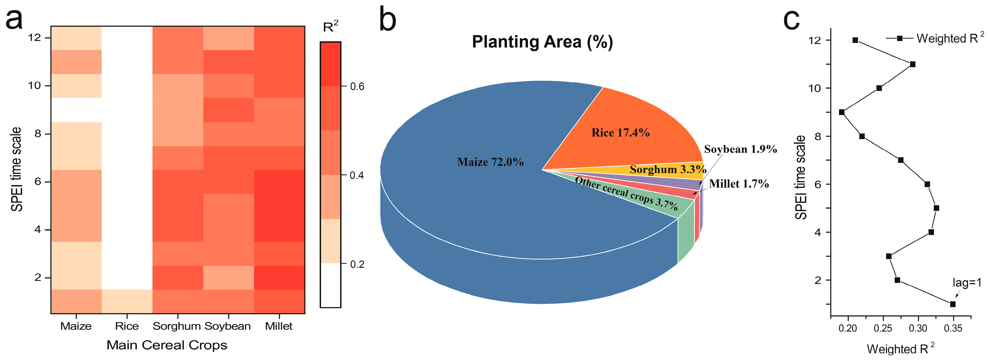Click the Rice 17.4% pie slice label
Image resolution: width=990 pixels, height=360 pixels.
pos(620,133)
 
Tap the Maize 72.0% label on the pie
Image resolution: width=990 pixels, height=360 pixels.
pos(490,162)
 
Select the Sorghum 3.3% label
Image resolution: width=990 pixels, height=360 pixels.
pos(668,169)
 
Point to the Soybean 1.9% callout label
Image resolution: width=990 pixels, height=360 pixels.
pos(740,149)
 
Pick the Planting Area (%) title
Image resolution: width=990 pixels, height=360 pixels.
pos(542,42)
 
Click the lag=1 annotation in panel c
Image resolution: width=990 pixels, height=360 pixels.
pos(967,283)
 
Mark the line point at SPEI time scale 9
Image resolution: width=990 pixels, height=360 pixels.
pos(842,112)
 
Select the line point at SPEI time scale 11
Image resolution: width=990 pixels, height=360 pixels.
pos(913,64)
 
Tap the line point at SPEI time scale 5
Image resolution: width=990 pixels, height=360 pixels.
pos(936,208)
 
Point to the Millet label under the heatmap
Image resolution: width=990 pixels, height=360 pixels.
pos(279,326)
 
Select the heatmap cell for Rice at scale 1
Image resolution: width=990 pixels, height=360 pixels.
pos(127,302)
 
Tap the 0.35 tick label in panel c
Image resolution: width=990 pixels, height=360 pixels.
pos(953,328)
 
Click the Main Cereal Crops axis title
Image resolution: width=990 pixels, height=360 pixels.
pos(167,345)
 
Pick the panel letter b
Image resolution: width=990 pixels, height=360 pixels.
pos(387,20)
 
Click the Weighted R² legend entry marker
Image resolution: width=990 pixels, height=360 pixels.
pos(900,38)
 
